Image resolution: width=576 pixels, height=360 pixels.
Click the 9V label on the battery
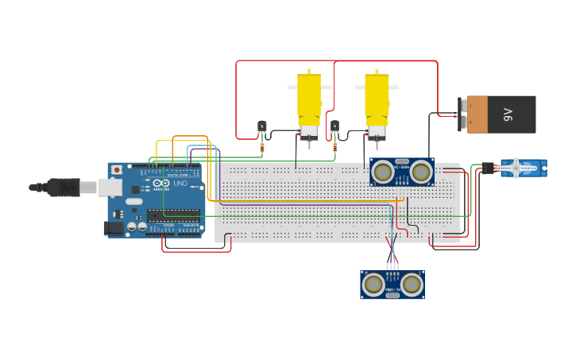pos(508,115)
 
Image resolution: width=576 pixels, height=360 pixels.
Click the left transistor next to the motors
pos(262,126)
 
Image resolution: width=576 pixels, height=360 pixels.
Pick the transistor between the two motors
pos(334,126)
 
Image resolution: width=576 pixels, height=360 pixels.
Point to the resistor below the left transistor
pos(263,146)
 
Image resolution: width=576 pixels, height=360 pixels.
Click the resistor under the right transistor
pos(334,147)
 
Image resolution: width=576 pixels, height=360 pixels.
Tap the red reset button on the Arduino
pos(117,169)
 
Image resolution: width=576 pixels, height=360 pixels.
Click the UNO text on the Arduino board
pos(180,184)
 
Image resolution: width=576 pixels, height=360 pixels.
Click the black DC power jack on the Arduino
pos(114,228)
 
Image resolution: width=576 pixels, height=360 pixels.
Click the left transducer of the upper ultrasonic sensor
pos(384,172)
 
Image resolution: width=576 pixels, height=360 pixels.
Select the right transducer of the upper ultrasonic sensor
pos(420,172)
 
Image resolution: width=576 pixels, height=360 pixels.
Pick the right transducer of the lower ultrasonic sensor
pos(411,284)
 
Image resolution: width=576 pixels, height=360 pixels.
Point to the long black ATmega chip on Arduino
pos(173,214)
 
